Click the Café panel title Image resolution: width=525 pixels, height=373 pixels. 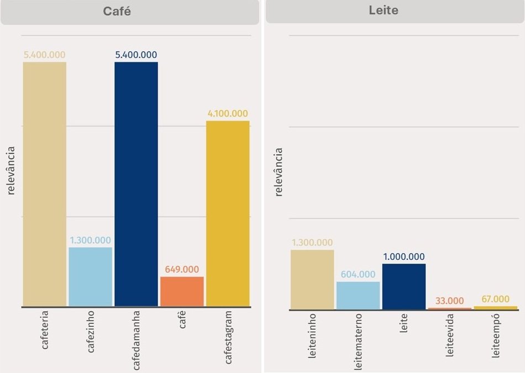(x=117, y=12)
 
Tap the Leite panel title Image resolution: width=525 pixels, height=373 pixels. (x=384, y=10)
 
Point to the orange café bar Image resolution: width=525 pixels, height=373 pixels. (x=182, y=291)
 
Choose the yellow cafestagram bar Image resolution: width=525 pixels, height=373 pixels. (x=228, y=213)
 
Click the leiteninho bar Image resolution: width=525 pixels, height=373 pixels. (x=312, y=280)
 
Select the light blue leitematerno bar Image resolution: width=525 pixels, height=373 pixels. (x=358, y=296)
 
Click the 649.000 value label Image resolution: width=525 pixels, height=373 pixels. (x=182, y=270)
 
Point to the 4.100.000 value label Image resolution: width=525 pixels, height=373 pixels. (x=228, y=114)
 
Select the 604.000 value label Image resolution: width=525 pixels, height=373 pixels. (x=358, y=275)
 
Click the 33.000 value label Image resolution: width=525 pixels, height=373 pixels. (x=450, y=301)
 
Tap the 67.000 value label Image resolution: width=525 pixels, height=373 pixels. (x=496, y=299)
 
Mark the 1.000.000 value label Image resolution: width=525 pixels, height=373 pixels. (x=404, y=257)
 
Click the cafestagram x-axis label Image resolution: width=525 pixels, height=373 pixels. (x=228, y=338)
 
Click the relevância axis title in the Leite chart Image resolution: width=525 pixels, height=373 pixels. (x=279, y=172)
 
